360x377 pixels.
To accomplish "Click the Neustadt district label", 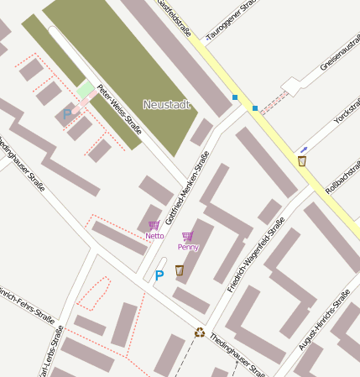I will pyautogui.click(x=166, y=104).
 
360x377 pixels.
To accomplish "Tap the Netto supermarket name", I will pyautogui.click(x=154, y=236).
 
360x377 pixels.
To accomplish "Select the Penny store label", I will pyautogui.click(x=187, y=247).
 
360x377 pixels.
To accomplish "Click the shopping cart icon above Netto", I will pyautogui.click(x=154, y=225).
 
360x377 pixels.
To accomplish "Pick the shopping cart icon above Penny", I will pyautogui.click(x=187, y=237).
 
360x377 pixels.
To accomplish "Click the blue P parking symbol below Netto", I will pyautogui.click(x=159, y=275).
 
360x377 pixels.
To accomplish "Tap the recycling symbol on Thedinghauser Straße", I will pyautogui.click(x=200, y=332).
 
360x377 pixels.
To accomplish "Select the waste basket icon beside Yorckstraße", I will pyautogui.click(x=302, y=160).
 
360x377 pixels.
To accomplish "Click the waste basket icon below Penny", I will pyautogui.click(x=179, y=270).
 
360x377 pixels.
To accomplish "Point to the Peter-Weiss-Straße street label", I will pyautogui.click(x=118, y=109).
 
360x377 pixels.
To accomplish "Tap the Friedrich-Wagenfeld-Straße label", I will pyautogui.click(x=256, y=254).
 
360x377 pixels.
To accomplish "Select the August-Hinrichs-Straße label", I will pyautogui.click(x=324, y=319).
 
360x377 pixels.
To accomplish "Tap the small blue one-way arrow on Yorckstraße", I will pyautogui.click(x=304, y=149).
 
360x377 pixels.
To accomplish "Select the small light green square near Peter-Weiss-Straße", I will pyautogui.click(x=85, y=88).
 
